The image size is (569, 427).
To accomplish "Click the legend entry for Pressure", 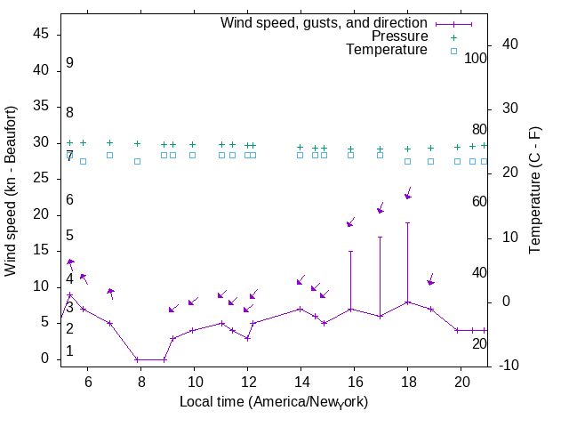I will pos(399,36).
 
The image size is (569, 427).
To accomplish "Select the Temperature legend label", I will pos(387,50).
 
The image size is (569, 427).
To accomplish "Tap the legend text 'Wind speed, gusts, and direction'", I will pos(325,23).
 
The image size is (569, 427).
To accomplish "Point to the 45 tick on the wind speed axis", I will pos(42,34).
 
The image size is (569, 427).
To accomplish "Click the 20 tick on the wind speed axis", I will pos(42,214).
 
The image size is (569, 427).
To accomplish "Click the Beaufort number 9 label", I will pos(69,63).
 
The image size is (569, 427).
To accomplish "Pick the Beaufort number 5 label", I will pos(69,236).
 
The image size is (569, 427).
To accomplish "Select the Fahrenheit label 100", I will pos(477,58).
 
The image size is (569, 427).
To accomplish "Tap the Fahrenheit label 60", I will pos(479,201).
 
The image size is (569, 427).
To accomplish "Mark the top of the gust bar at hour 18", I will pos(407,222).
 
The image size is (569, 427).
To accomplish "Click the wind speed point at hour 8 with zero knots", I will pos(137,359).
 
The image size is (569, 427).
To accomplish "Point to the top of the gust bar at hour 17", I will pos(381,237).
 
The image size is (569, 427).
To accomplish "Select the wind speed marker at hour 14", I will pos(301,309).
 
